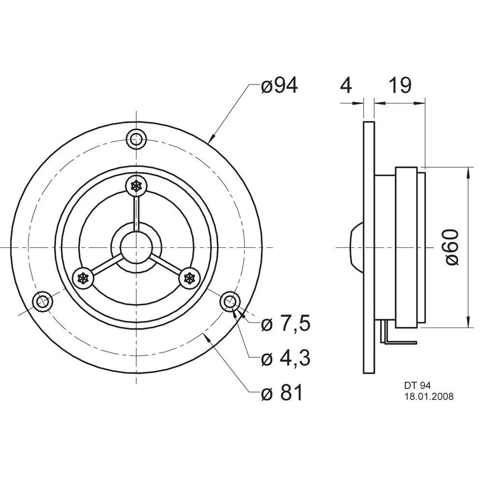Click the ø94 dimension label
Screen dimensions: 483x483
click(279, 85)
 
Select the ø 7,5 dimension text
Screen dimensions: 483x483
click(285, 324)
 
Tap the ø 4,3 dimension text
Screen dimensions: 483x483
click(285, 358)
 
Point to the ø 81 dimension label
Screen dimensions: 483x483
click(282, 394)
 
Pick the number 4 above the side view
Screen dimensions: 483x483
click(346, 85)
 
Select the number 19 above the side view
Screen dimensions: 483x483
click(399, 85)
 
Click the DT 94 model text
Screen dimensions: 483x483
click(417, 386)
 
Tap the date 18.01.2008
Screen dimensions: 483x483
click(428, 396)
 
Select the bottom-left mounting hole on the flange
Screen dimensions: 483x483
click(43, 301)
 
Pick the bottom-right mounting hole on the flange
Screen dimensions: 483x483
click(229, 301)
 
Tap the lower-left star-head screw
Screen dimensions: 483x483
click(83, 278)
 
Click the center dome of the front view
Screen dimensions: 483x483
click(136, 247)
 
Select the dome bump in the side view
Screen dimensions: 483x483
click(355, 247)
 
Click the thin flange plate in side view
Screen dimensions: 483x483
click(369, 247)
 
